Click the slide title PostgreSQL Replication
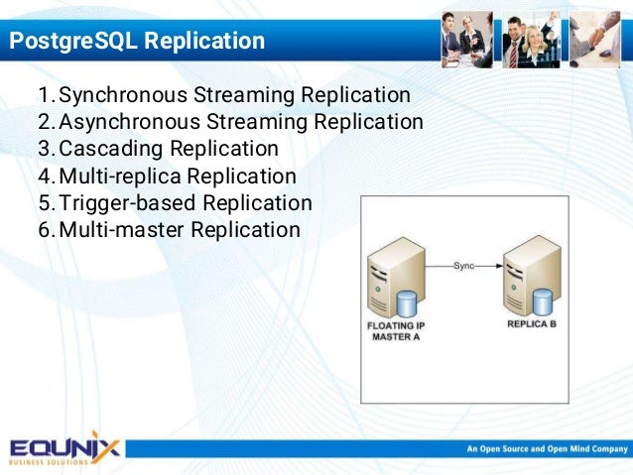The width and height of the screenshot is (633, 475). (137, 42)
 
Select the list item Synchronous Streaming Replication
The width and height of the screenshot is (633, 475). (234, 96)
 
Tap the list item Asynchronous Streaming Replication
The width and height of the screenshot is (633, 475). (241, 123)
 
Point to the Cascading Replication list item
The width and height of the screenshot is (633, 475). (169, 150)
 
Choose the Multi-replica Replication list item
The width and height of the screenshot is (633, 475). (178, 177)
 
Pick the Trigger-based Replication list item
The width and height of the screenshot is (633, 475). (186, 203)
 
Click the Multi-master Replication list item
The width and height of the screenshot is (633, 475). (180, 230)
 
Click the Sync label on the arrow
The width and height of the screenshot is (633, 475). (463, 266)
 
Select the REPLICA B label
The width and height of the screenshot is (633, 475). (537, 324)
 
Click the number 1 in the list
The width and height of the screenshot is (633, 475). (44, 96)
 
